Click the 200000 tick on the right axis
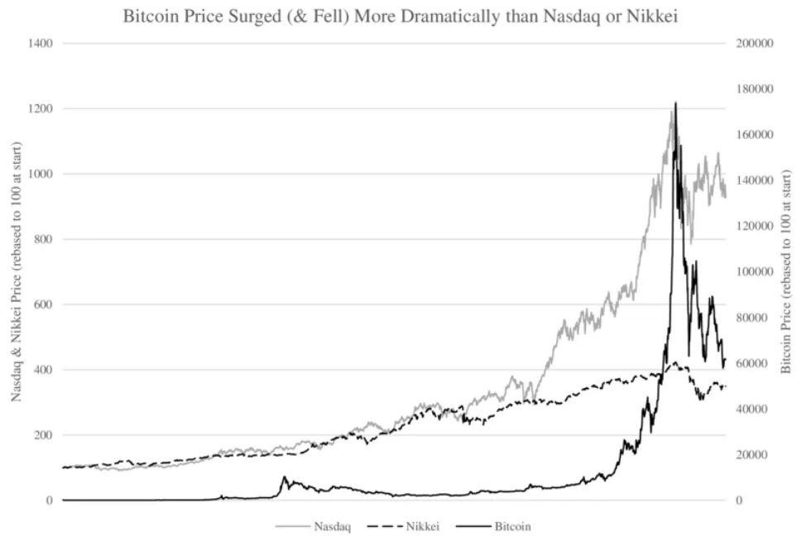pyautogui.click(x=754, y=43)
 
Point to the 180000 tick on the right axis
pyautogui.click(x=754, y=89)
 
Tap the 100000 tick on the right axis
pyautogui.click(x=754, y=272)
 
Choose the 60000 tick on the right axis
pyautogui.click(x=752, y=363)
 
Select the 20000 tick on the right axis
pyautogui.click(x=752, y=455)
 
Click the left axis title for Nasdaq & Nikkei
pyautogui.click(x=17, y=271)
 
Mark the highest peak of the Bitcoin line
pyautogui.click(x=675, y=103)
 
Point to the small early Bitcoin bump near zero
pyautogui.click(x=284, y=478)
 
